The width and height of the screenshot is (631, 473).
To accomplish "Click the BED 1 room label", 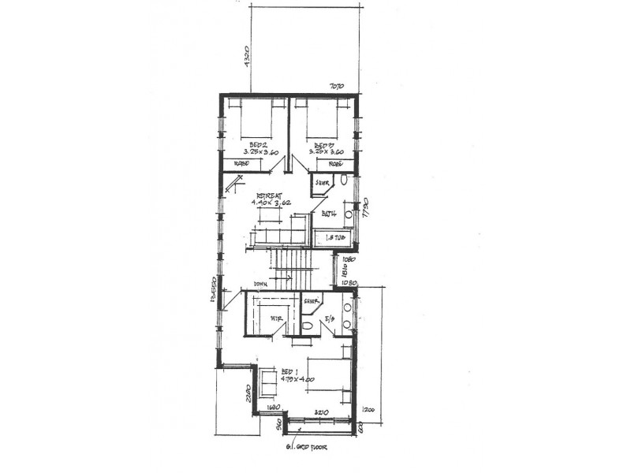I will tap(289, 371).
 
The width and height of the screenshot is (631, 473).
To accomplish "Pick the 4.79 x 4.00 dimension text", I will tap(297, 380).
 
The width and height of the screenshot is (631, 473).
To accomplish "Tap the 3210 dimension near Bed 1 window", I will tap(321, 412).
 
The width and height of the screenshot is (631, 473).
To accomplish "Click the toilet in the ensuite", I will tap(308, 325).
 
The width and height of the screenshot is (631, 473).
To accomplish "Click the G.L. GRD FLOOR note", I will tap(308, 448).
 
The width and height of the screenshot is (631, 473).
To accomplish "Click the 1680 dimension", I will tap(274, 408).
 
